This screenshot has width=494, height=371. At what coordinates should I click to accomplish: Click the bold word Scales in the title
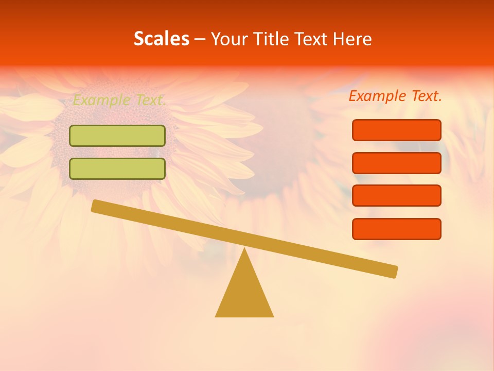pos(161,39)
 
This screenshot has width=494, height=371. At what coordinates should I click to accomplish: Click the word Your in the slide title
pos(229,39)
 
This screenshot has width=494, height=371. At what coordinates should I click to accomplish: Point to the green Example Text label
pos(119,100)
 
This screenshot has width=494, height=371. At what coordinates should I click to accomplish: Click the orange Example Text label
pos(395,96)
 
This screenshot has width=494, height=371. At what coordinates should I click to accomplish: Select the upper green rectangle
pos(117,136)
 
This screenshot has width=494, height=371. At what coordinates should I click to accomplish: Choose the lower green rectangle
pos(117,168)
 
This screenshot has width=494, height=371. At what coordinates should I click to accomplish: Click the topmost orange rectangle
pos(396,130)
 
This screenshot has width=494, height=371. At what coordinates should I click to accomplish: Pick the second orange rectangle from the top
pos(396,163)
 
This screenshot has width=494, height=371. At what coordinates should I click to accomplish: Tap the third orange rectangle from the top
pos(396,196)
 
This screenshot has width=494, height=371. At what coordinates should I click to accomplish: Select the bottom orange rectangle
pos(396,229)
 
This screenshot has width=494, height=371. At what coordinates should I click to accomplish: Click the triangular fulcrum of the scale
pos(244,291)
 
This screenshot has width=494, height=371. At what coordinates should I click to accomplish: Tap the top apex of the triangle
pos(244,250)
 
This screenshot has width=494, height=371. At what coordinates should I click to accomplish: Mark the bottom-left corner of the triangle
pos(217,316)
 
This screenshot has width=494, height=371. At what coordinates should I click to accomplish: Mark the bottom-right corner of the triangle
pos(272,316)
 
